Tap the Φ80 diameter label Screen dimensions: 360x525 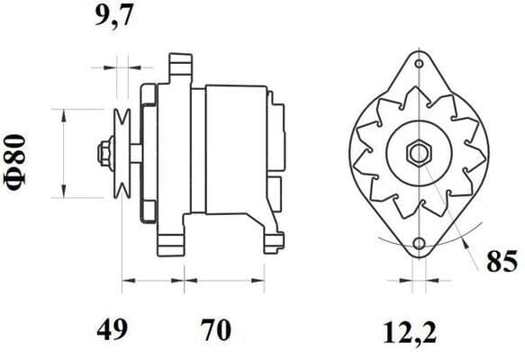[20, 152]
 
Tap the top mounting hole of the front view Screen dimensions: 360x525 [418, 63]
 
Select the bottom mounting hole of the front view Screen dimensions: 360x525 [418, 243]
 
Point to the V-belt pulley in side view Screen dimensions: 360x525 [123, 151]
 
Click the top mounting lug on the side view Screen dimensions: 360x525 [180, 67]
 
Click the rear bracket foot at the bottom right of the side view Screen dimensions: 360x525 [270, 237]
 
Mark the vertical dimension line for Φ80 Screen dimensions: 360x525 [64, 152]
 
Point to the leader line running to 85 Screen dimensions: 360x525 [468, 234]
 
